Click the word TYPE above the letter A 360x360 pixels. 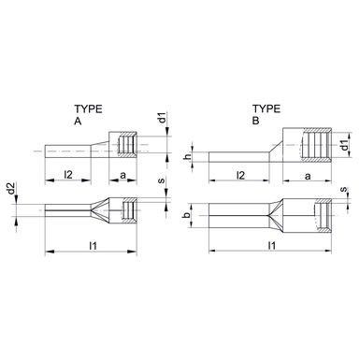click(x=88, y=109)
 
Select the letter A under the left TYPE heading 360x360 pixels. click(x=78, y=121)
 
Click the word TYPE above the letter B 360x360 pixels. click(x=266, y=108)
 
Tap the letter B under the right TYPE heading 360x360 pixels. click(x=255, y=121)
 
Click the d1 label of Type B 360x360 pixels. click(x=344, y=145)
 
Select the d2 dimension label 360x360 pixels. click(x=11, y=189)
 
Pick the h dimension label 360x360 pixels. click(x=188, y=157)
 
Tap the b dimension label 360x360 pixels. click(x=187, y=216)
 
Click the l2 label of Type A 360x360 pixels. click(x=68, y=175)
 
